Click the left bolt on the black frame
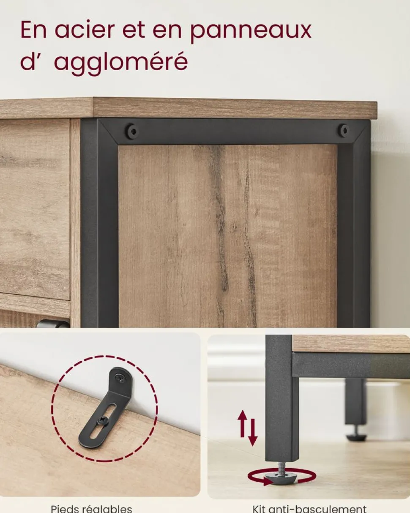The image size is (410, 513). (x=132, y=131)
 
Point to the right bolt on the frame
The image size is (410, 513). (x=344, y=131)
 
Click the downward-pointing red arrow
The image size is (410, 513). (x=252, y=432)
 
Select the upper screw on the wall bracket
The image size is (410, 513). (x=119, y=378)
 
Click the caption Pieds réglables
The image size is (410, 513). (x=91, y=508)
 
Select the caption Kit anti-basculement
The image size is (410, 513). (x=309, y=508)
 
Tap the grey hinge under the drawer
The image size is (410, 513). (x=53, y=324)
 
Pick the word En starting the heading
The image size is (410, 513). (x=33, y=30)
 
